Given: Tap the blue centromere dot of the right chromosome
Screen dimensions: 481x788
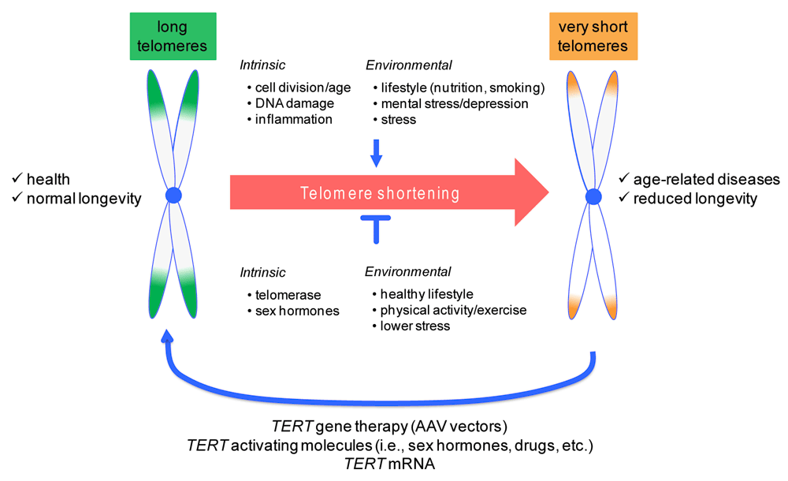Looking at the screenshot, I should tap(595, 195).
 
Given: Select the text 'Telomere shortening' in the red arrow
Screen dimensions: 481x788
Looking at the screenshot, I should tap(380, 193).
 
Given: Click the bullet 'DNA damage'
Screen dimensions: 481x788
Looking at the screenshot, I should tap(294, 103).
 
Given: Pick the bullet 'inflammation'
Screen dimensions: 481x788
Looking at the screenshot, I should tap(293, 119).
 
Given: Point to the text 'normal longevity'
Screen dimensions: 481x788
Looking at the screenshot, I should tap(84, 199).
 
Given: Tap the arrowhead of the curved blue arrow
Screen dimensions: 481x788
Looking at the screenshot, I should tap(166, 337).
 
